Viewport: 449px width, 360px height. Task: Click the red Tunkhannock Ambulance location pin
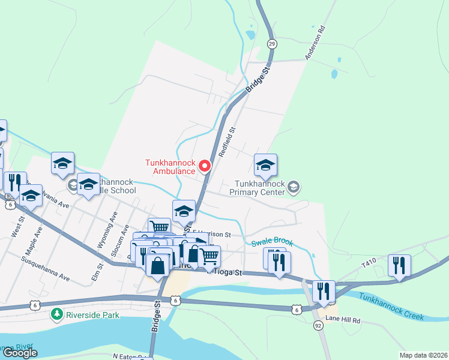(x=205, y=166)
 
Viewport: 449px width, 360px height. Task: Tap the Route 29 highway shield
(x=272, y=44)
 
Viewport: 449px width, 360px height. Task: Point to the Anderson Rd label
(x=315, y=42)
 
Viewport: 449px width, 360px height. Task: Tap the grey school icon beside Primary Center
(x=293, y=187)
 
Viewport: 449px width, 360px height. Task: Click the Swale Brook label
(x=272, y=242)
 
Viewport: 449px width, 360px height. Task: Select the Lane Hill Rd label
(x=342, y=320)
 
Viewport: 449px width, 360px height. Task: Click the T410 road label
(x=369, y=263)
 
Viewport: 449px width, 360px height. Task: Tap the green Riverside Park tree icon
(x=57, y=314)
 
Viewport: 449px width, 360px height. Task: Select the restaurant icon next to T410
(x=399, y=266)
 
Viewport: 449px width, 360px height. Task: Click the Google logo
(x=20, y=353)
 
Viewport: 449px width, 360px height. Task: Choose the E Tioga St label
(x=224, y=273)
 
